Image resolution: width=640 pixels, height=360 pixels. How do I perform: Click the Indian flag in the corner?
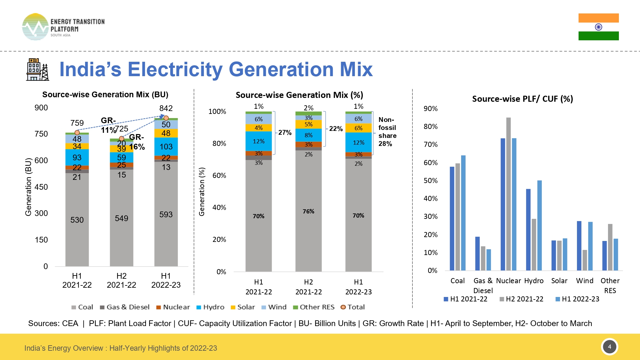598,27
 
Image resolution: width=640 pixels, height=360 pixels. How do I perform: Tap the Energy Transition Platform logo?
63,27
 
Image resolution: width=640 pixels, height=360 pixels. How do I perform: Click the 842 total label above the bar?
166,108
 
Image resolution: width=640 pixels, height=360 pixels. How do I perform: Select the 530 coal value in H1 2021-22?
77,220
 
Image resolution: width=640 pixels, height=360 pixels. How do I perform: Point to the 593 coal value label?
166,214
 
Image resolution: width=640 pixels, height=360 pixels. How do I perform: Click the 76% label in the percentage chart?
308,212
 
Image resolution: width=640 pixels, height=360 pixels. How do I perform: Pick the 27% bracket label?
285,132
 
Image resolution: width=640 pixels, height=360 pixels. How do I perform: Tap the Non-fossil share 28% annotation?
387,132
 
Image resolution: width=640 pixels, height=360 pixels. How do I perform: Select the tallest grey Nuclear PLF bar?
508,194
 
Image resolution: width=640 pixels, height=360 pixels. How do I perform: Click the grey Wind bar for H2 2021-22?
585,260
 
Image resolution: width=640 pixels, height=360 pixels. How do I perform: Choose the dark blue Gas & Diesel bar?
477,253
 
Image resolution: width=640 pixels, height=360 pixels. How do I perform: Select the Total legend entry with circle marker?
352,307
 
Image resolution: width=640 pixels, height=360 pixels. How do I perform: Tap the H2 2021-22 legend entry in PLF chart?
521,299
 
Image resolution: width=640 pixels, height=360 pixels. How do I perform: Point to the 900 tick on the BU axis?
41,108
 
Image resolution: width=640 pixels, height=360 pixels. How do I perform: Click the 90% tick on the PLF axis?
430,109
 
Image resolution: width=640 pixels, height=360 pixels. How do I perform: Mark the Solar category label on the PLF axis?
559,281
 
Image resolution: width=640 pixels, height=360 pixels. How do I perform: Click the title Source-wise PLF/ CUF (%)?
522,99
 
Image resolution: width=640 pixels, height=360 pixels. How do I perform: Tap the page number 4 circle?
609,347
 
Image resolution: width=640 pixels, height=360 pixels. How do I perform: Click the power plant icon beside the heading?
37,69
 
